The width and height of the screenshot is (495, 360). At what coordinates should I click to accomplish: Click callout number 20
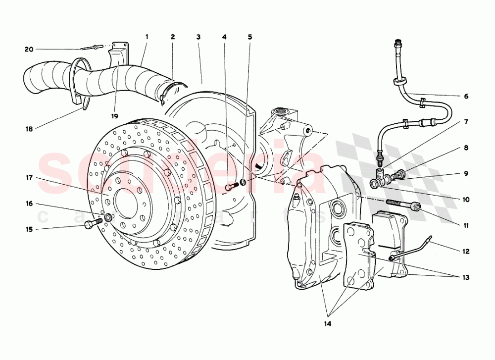[29, 49]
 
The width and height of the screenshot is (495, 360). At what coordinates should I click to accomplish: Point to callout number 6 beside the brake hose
[466, 96]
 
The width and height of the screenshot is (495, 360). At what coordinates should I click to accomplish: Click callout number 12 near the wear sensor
[466, 251]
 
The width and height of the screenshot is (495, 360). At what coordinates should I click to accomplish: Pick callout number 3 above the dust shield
[198, 37]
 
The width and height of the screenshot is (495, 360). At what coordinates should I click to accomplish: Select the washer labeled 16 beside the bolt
[108, 218]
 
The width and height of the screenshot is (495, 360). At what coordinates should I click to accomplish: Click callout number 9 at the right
[466, 174]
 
